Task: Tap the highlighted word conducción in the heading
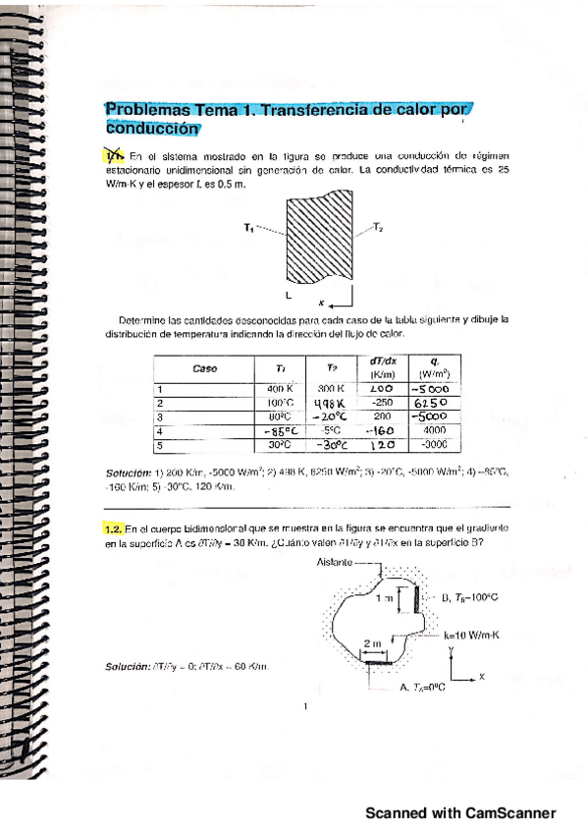[150, 127]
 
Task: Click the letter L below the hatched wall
[288, 294]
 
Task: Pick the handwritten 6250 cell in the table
[430, 402]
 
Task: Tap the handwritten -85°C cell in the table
[281, 429]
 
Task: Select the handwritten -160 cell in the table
[379, 429]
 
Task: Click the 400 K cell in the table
[281, 389]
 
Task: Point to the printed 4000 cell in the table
[435, 428]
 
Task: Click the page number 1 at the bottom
[307, 704]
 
